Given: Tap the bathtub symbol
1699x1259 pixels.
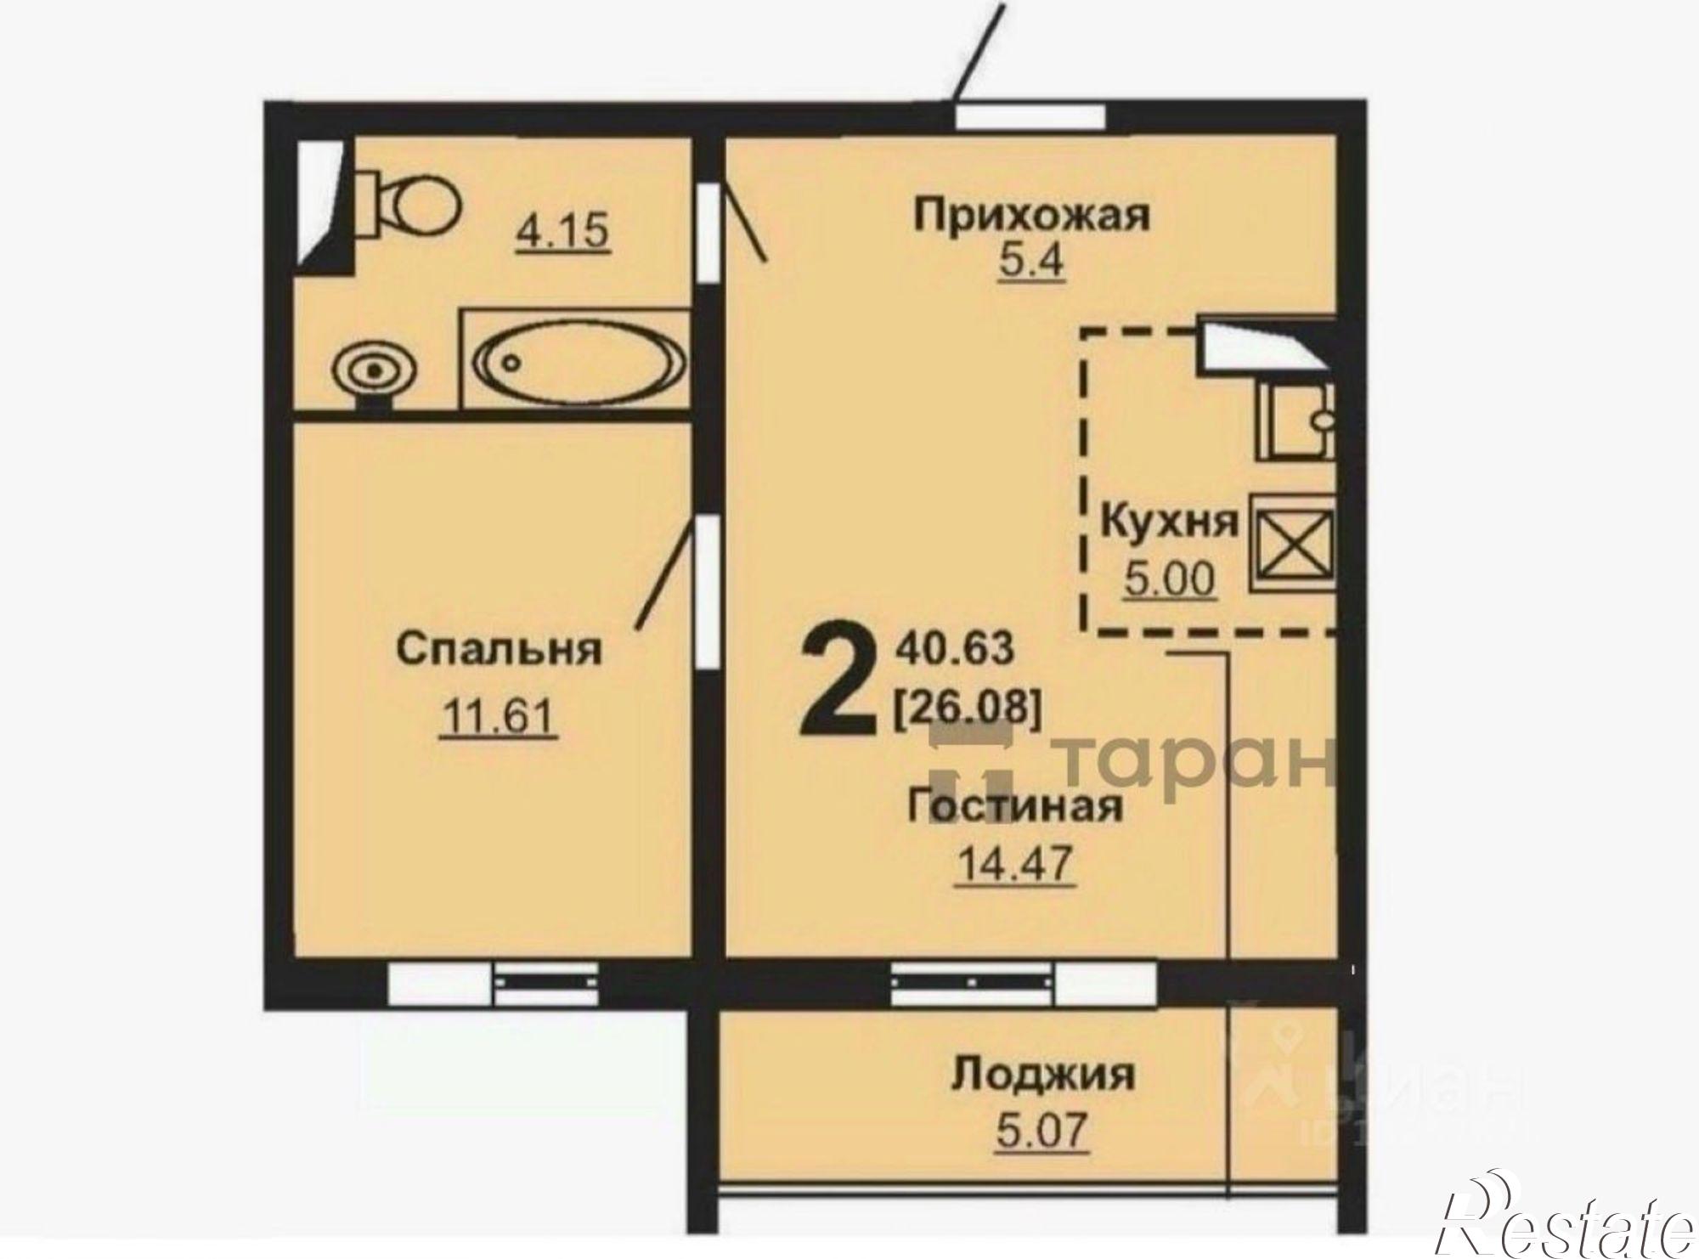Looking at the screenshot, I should [576, 360].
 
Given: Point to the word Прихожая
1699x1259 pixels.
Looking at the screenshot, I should [1030, 215].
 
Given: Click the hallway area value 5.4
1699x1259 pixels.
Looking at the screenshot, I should [1030, 262].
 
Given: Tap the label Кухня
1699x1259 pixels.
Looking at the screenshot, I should [1169, 521].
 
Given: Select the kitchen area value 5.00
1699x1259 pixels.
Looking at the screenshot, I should [1169, 581].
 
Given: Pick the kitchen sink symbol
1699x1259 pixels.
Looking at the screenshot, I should [1294, 421].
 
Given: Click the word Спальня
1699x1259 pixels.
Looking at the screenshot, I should [500, 650].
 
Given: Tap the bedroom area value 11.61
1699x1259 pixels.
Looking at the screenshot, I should [498, 718].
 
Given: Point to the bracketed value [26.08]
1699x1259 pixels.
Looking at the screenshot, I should [967, 706].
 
